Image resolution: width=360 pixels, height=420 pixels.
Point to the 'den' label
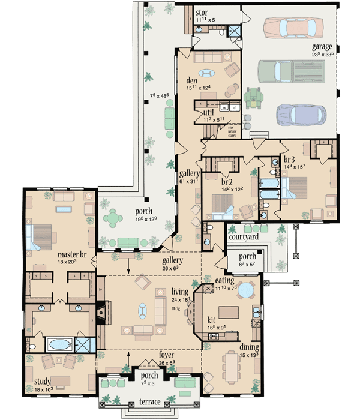click(192, 82)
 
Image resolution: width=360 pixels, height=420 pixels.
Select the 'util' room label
click(209, 112)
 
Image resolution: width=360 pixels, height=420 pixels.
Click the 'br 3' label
click(289, 160)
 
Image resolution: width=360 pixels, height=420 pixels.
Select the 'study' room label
click(43, 381)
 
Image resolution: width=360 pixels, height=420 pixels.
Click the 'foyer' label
click(150, 354)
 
